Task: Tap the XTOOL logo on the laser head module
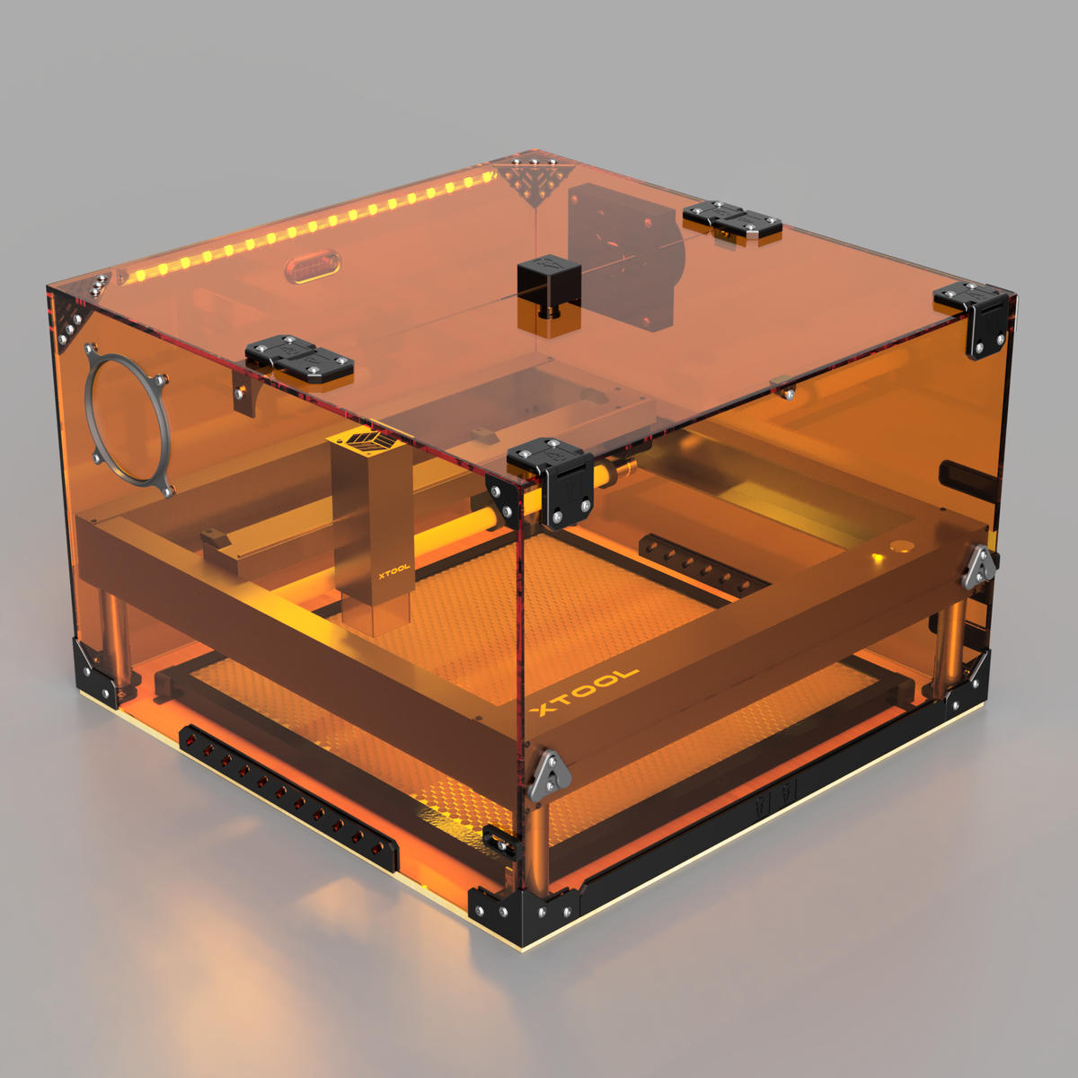coord(393,569)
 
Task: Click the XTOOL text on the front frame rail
coord(585,692)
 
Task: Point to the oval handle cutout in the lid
coord(314,267)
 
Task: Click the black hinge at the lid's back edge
coord(731,220)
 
